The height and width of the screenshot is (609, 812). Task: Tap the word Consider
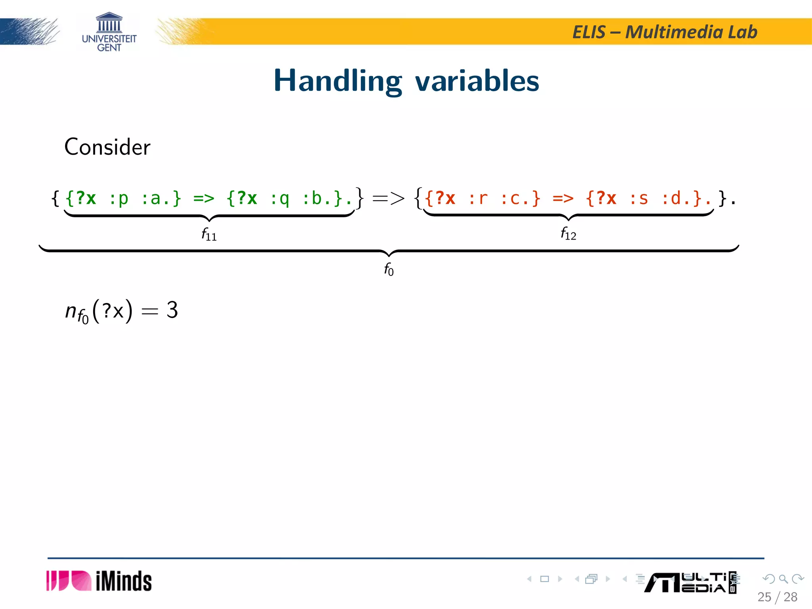107,147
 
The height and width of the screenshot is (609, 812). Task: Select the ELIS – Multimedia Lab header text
665,32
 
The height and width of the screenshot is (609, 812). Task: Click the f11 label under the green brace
209,234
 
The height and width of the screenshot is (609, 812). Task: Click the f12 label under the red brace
568,234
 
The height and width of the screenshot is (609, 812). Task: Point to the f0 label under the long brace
389,269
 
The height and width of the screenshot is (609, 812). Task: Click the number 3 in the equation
172,310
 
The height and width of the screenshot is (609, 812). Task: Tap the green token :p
119,198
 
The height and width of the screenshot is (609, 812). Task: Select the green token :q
280,198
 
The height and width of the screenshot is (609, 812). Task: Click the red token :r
478,198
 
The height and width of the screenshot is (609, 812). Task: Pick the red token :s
639,198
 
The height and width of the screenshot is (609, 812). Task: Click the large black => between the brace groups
389,198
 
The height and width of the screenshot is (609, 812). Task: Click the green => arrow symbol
204,198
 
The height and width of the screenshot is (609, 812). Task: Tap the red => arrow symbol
563,198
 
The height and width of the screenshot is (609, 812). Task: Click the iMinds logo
99,581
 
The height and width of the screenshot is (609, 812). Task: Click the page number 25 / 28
777,597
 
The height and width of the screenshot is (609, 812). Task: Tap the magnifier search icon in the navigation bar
783,579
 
